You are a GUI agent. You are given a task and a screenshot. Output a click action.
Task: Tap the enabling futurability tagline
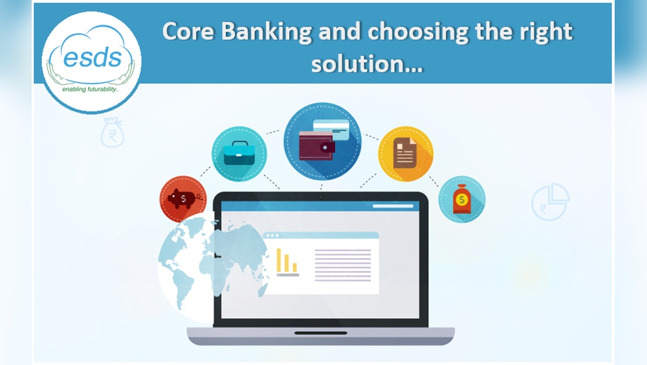tap(91, 90)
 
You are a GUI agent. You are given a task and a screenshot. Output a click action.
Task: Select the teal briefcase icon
tap(239, 154)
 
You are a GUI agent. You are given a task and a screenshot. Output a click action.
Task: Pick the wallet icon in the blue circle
tap(316, 145)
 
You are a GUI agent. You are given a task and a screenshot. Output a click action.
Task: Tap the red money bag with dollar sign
tap(461, 199)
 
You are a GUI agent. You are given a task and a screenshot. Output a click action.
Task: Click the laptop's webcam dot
tap(320, 197)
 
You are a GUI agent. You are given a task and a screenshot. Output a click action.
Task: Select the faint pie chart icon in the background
tap(550, 201)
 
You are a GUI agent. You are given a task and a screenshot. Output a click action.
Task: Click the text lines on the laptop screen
tap(342, 265)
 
